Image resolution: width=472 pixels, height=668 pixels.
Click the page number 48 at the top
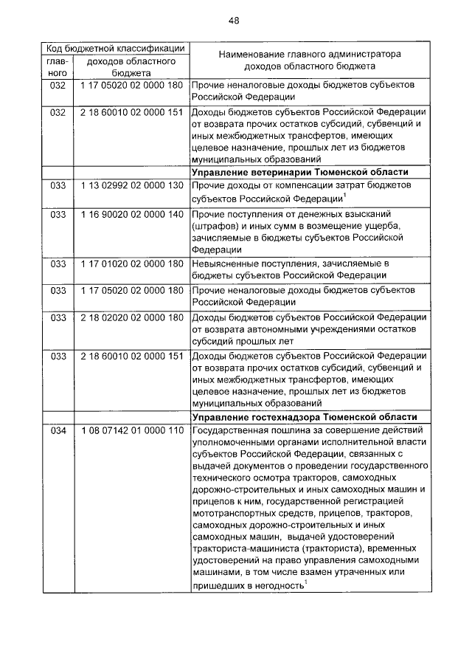pyautogui.click(x=234, y=20)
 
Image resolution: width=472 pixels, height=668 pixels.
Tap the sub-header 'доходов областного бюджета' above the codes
pyautogui.click(x=131, y=67)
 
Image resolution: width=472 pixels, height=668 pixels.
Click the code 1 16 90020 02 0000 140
pyautogui.click(x=131, y=214)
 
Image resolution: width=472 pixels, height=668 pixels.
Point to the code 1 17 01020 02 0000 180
pyautogui.click(x=131, y=263)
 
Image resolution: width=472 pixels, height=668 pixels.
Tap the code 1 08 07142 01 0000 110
pyautogui.click(x=131, y=431)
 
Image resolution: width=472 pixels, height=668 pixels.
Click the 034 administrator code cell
pyautogui.click(x=58, y=431)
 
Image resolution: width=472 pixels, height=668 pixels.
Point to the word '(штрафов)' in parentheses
pyautogui.click(x=215, y=225)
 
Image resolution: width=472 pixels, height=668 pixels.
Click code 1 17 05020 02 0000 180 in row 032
pyautogui.click(x=131, y=86)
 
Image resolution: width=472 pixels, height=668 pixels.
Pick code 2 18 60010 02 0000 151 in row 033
pyautogui.click(x=131, y=356)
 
